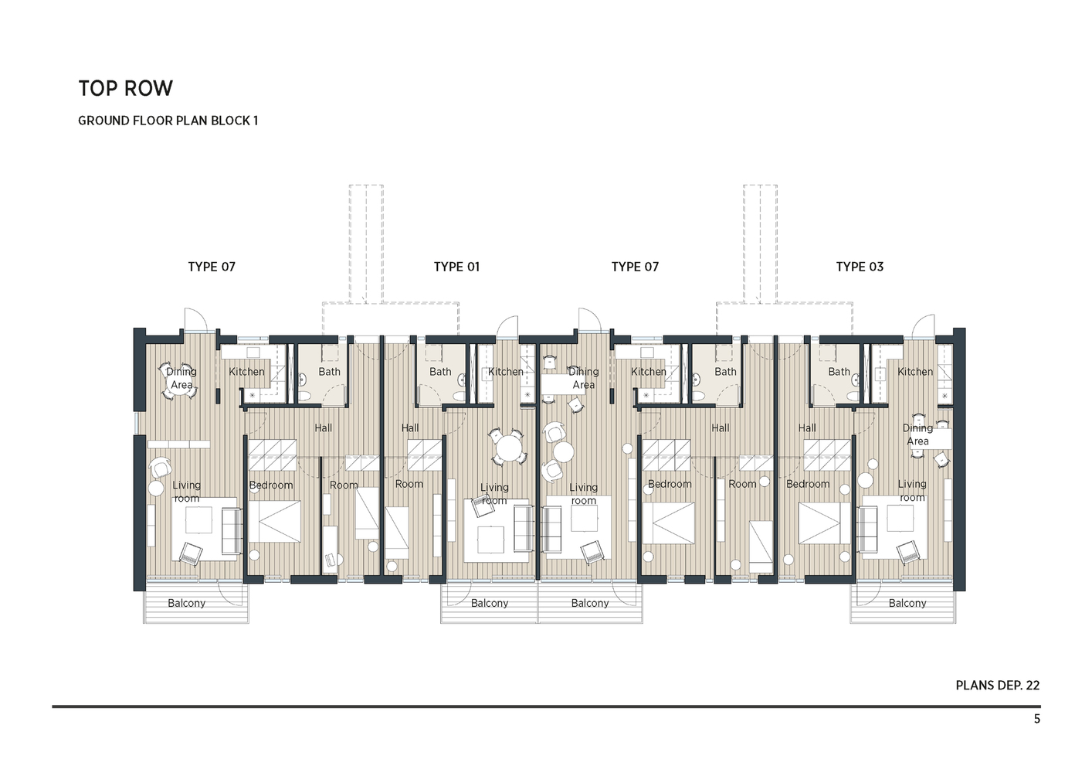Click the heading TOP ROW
125,89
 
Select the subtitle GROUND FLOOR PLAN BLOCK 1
168,121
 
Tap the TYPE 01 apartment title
456,267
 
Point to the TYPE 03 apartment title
859,267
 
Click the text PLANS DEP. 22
997,686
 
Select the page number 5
1036,719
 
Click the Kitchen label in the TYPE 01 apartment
506,372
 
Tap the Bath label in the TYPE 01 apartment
440,372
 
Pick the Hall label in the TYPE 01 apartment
410,428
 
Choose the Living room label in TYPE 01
494,493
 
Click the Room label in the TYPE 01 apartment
409,484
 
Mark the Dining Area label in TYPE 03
917,434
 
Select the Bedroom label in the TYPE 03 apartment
807,484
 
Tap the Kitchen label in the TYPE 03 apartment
915,372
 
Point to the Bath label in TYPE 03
839,372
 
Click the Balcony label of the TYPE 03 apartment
907,604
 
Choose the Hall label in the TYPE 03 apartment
807,428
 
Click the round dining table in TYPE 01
507,447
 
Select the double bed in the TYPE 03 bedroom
824,523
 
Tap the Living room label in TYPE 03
912,490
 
